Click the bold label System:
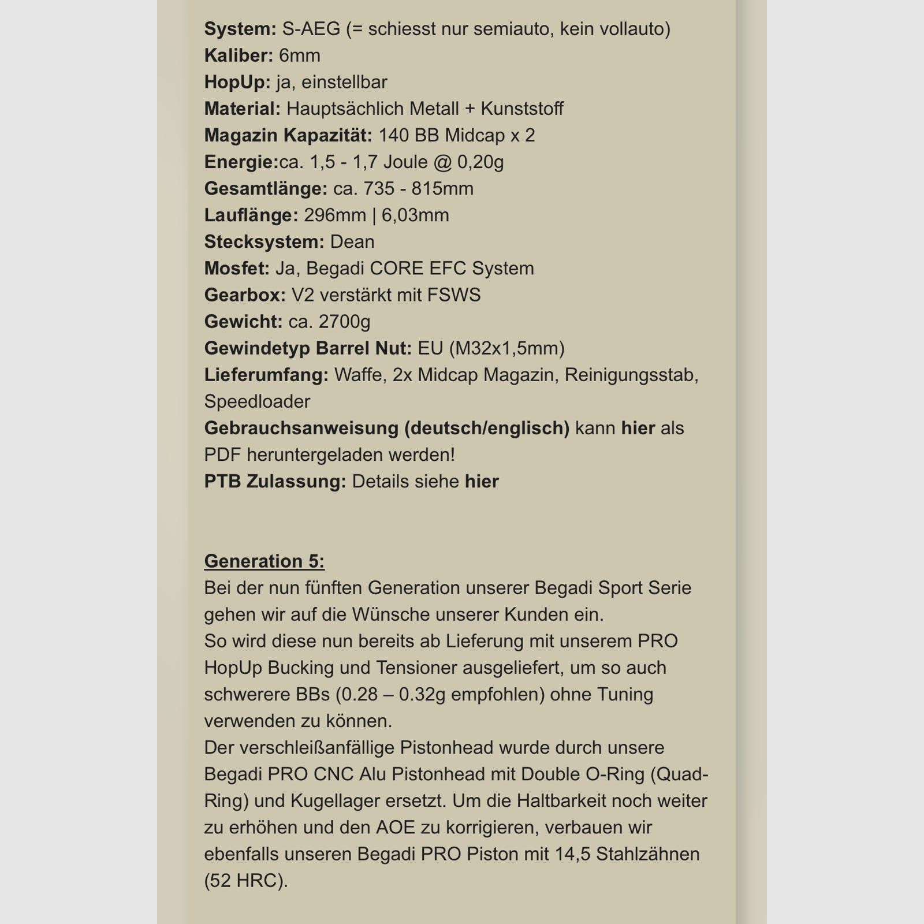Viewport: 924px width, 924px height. (240, 29)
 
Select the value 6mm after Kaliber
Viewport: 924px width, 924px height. (299, 55)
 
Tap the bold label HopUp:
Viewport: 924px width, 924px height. (237, 82)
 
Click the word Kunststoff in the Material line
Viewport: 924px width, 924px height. (522, 109)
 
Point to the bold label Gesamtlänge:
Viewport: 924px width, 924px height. (266, 188)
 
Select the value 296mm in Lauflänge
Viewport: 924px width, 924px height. (335, 215)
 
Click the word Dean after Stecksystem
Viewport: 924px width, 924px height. (352, 241)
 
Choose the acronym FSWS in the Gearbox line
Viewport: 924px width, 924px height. (454, 295)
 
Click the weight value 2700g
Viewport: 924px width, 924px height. (344, 321)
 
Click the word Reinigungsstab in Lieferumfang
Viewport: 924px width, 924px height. (632, 374)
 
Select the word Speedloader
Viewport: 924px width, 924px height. (257, 401)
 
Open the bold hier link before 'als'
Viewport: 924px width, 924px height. (638, 428)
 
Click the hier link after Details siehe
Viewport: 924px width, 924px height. (482, 481)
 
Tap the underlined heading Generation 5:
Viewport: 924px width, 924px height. (264, 561)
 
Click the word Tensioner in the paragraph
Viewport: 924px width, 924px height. (413, 668)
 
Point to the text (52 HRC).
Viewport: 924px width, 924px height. (245, 880)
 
